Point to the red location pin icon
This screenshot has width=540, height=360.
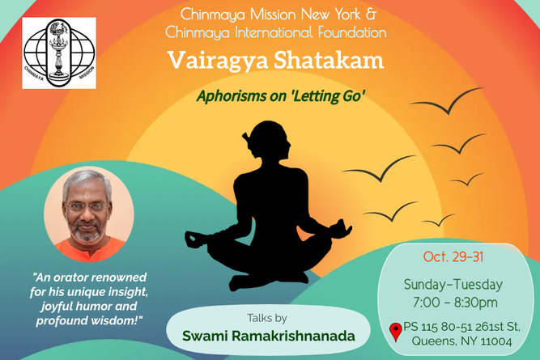tap(395, 331)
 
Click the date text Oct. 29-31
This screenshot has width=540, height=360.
tap(453, 256)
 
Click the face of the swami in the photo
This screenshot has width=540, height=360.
tap(87, 209)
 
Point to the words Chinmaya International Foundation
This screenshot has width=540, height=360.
tap(276, 32)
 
